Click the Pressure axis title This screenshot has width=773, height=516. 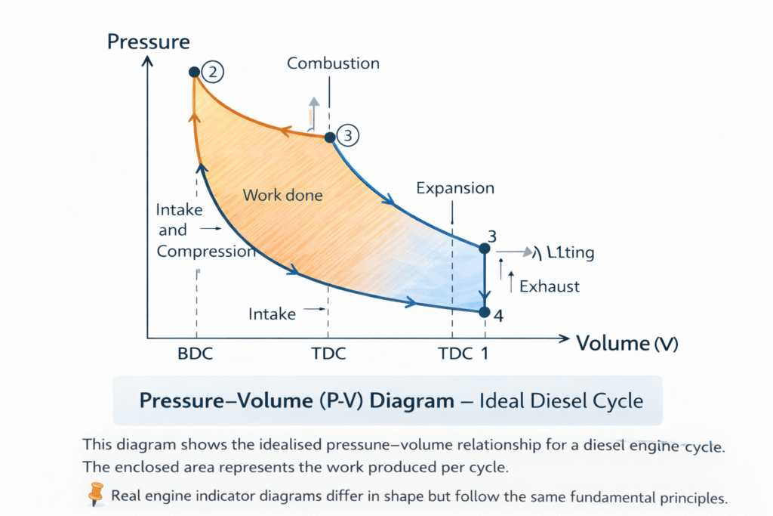149,41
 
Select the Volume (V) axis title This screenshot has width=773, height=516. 627,344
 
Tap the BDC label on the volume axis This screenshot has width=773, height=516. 196,354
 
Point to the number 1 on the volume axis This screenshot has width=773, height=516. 484,354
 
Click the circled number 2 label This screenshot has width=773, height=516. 214,73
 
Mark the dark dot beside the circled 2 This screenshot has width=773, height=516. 194,72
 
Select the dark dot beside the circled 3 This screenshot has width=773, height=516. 329,137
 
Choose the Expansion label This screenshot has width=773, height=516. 455,188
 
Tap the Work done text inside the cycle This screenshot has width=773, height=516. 282,196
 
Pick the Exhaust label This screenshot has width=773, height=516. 550,286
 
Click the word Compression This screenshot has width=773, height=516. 205,252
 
